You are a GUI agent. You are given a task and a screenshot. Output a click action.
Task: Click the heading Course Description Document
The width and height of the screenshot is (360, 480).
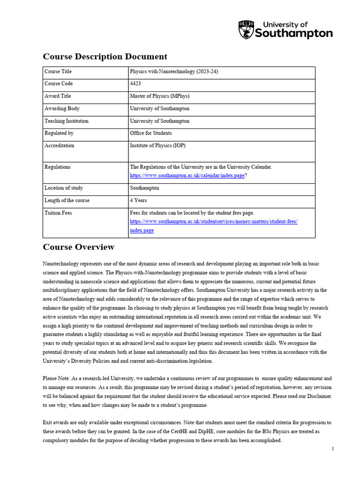[x=105, y=57]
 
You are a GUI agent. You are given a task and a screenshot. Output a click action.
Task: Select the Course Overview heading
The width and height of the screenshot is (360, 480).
[x=78, y=247]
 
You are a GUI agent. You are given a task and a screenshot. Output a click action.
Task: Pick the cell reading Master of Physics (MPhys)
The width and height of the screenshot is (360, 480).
[x=159, y=96]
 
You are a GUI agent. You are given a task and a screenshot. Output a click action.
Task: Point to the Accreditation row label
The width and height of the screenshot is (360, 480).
[x=59, y=145]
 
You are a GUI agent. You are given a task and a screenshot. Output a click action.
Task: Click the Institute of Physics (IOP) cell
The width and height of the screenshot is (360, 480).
[x=157, y=145]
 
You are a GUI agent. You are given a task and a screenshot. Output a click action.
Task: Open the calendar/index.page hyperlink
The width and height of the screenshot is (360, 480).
[x=187, y=175]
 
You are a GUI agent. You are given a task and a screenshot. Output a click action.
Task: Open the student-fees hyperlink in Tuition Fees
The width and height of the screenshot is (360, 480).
[x=213, y=221]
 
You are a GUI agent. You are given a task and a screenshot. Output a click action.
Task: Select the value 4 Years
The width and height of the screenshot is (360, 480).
[x=138, y=200]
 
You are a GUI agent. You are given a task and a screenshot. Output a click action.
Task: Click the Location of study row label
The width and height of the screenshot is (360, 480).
[x=64, y=188]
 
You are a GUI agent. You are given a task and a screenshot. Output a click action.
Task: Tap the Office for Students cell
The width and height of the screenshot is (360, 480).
[x=150, y=133]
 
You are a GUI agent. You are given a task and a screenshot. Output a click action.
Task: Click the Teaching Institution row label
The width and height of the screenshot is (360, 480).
[x=66, y=121]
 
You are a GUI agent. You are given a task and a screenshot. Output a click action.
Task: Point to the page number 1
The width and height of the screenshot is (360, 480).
[x=332, y=449]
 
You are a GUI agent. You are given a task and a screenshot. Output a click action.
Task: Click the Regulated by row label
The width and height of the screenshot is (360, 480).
[x=59, y=133]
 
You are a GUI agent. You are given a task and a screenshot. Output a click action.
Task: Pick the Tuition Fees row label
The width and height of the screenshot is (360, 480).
[x=58, y=213]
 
